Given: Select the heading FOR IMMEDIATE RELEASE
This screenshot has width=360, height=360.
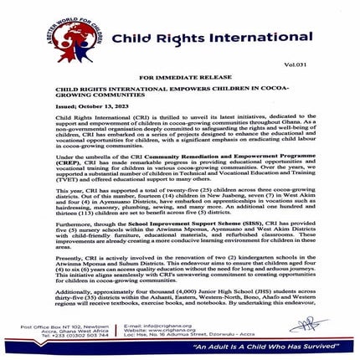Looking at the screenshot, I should [x=180, y=75].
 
